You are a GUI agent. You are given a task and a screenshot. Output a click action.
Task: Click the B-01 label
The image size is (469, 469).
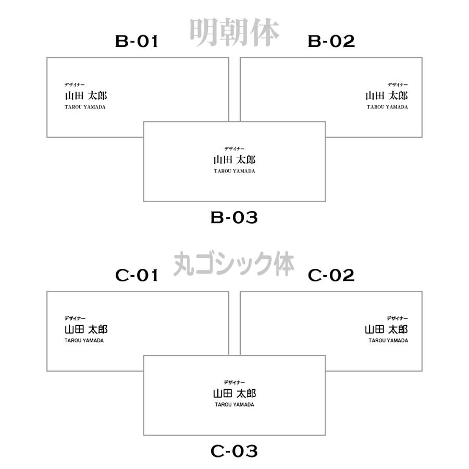click(x=137, y=41)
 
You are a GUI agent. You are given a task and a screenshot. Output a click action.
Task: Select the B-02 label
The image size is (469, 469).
click(x=331, y=41)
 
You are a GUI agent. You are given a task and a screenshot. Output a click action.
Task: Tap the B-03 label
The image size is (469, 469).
click(x=234, y=217)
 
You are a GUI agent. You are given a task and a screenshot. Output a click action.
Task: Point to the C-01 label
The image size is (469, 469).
click(x=137, y=275)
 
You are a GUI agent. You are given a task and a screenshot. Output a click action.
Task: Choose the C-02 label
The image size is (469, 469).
click(x=331, y=275)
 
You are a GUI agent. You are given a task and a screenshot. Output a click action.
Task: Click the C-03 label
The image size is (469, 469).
click(x=234, y=451)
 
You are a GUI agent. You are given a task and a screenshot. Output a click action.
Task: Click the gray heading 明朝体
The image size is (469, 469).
click(x=234, y=32)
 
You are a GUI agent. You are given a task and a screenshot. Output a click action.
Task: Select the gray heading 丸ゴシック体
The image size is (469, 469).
click(x=234, y=264)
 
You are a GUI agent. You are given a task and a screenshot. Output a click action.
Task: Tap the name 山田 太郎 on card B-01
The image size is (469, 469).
click(x=86, y=96)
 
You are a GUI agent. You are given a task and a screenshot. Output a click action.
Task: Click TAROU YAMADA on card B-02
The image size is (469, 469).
click(x=387, y=107)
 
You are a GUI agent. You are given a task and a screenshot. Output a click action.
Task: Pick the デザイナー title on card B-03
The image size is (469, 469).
click(x=234, y=149)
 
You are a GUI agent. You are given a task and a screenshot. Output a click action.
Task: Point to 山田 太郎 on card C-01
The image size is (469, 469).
click(x=86, y=329)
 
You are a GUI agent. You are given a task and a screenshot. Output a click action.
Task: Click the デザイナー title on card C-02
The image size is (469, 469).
click(x=397, y=318)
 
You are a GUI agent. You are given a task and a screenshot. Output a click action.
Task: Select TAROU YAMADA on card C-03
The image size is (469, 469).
click(x=234, y=405)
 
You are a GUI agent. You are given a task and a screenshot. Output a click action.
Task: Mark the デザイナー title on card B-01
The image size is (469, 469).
click(x=75, y=84)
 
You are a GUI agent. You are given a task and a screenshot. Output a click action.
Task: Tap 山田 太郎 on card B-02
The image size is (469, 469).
click(x=387, y=96)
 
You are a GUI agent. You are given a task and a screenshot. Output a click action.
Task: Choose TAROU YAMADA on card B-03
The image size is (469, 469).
click(x=234, y=171)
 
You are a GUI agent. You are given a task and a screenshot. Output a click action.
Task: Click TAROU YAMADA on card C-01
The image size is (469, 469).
click(x=84, y=341)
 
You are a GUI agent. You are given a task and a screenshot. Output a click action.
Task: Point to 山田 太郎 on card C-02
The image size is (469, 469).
click(x=387, y=329)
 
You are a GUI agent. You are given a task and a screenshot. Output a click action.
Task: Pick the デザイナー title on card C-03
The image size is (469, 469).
click(x=234, y=382)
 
